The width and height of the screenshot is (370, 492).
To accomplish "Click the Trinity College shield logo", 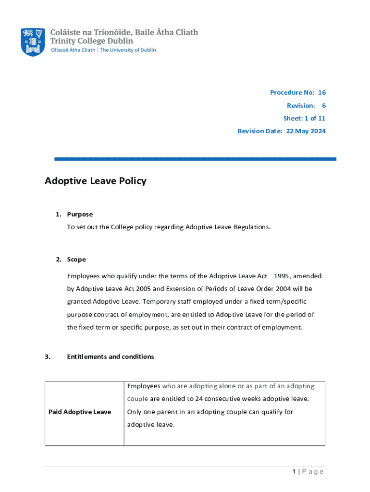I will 33,42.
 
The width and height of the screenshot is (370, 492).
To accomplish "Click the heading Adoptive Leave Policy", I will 95,181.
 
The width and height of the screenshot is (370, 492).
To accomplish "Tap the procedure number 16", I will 321,92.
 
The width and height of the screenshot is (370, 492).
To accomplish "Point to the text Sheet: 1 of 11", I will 304,118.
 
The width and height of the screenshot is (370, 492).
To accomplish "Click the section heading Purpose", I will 80,214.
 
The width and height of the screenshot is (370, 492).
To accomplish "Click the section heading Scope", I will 76,259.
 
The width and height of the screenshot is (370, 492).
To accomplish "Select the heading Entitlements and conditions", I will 111,357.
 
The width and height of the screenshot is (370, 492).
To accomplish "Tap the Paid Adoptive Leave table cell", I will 80,412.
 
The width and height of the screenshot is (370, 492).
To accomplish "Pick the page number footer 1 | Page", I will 308,471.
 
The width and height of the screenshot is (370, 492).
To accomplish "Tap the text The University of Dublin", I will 128,50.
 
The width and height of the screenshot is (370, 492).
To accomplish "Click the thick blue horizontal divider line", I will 195,159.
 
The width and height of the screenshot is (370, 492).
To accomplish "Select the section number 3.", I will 47,357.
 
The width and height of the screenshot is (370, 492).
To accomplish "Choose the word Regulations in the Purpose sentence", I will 250,227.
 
